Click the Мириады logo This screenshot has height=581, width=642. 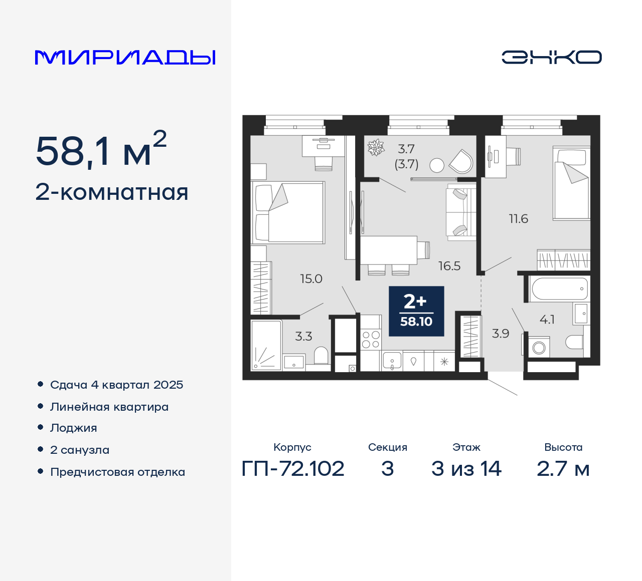tap(125, 58)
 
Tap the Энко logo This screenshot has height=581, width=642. tap(551, 57)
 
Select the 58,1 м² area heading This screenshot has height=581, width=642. tap(101, 150)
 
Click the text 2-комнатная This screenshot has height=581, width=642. tap(112, 192)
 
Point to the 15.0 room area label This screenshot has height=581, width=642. tap(311, 279)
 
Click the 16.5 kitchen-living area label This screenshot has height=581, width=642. tap(449, 266)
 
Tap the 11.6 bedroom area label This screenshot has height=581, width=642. tap(518, 219)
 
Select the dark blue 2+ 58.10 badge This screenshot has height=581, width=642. tap(416, 311)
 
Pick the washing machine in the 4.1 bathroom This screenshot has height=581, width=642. tap(539, 347)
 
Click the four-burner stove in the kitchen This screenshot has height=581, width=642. tap(371, 340)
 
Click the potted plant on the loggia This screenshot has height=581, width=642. tap(376, 147)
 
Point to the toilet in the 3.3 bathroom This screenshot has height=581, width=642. tap(321, 356)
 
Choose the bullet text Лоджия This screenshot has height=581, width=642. tap(73, 428)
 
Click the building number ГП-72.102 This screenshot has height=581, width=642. tap(293, 469)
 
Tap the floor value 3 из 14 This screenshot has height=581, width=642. tap(466, 469)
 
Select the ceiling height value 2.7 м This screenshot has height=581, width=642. tap(563, 469)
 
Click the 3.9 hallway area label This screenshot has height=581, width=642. tap(500, 334)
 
